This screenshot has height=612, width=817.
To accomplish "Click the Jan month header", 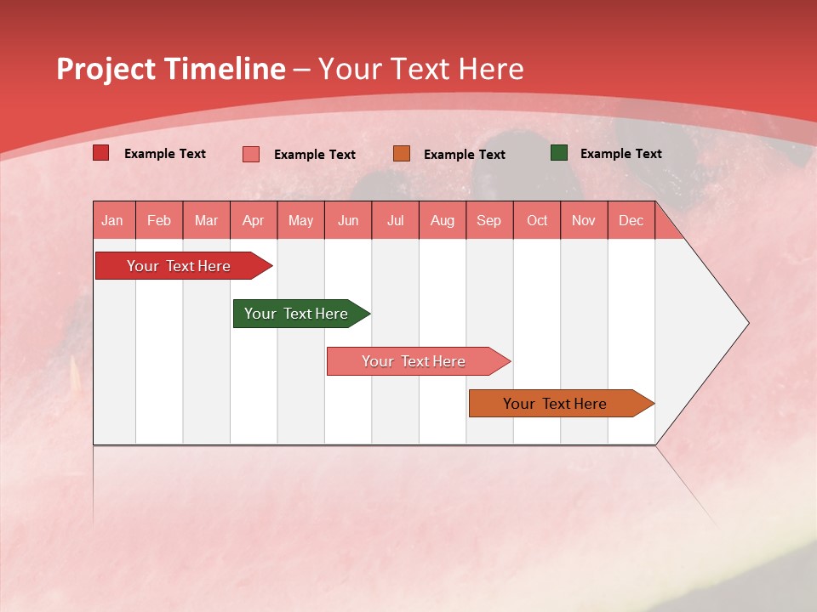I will (x=112, y=221).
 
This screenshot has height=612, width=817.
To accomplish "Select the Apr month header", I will (x=254, y=221).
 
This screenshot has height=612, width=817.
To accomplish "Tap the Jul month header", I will (x=396, y=221).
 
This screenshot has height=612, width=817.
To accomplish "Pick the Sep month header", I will (x=488, y=221).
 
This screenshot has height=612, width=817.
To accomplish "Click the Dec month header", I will (x=631, y=221).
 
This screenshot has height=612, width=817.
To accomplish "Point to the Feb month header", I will (x=159, y=221).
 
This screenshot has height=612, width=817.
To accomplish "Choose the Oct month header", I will (x=537, y=221).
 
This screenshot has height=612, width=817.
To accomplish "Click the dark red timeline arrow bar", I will (x=179, y=266).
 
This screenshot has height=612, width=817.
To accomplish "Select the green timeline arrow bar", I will (x=296, y=314).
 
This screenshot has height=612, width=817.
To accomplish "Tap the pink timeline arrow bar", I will (x=414, y=361).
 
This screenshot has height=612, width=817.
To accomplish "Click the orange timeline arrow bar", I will (x=555, y=404).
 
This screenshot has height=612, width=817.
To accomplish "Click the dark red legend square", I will (x=101, y=153).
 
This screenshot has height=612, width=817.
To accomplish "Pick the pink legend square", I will (x=251, y=154).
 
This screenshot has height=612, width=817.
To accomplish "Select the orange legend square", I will (x=402, y=154).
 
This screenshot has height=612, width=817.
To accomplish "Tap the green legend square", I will (x=559, y=153).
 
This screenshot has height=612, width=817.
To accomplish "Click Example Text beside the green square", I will (x=620, y=154).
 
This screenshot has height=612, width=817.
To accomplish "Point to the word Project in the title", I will (x=106, y=69).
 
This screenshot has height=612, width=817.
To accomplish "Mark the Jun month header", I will (x=348, y=221).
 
